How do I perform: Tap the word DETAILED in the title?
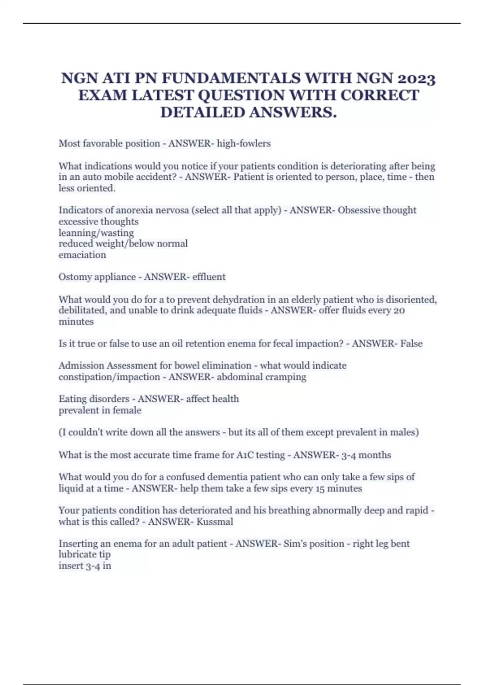[202, 112]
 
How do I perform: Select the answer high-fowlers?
[244, 143]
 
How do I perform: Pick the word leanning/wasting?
[96, 232]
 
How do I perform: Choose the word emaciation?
[82, 255]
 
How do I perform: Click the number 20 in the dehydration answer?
[399, 310]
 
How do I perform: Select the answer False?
[411, 343]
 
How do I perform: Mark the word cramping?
[288, 377]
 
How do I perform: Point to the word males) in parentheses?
[405, 432]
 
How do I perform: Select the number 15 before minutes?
[320, 488]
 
